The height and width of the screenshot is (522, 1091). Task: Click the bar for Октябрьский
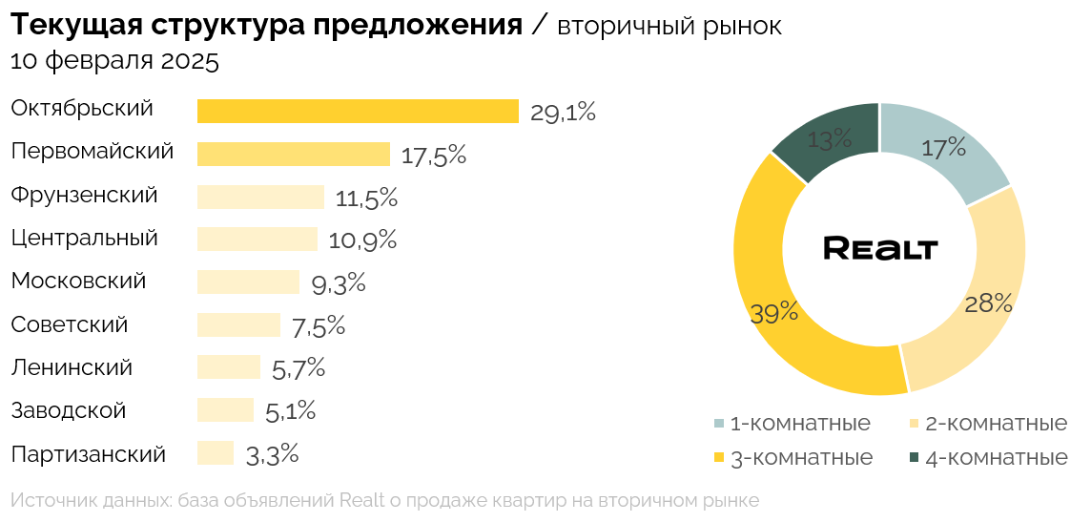358,111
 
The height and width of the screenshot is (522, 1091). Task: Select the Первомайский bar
294,154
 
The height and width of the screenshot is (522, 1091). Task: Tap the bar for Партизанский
216,453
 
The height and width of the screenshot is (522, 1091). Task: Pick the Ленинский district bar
229,367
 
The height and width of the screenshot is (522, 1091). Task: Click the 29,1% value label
563,113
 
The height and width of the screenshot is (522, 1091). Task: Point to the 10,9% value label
362,240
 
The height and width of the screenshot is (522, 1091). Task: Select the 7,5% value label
319,326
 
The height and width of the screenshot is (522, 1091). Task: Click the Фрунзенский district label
84,196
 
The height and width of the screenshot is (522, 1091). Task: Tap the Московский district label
78,282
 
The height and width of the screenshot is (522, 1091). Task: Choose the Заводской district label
69,411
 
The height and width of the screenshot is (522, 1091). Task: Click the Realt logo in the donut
880,248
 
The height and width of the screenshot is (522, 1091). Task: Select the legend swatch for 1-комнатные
720,423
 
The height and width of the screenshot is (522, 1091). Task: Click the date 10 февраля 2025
114,62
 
